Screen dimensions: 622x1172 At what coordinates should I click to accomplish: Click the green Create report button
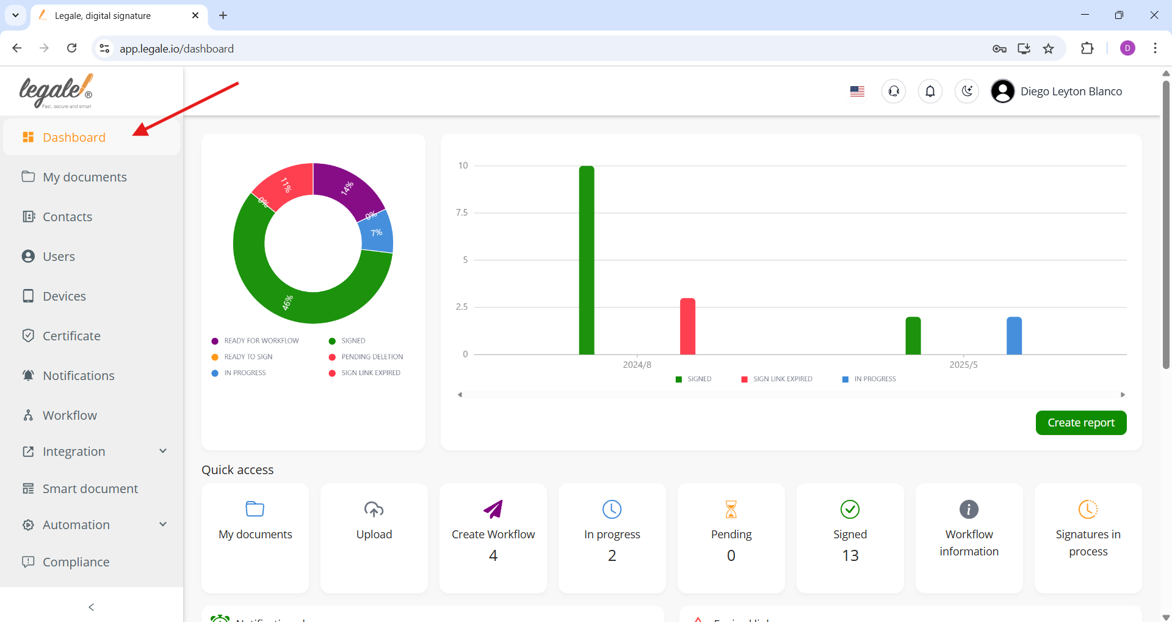coord(1080,423)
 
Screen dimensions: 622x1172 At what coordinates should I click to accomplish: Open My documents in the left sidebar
coord(84,177)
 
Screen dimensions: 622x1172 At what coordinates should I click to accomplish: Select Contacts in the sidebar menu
coord(67,217)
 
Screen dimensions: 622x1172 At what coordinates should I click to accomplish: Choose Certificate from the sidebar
coord(71,336)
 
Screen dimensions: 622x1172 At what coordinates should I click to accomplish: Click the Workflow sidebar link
coord(70,415)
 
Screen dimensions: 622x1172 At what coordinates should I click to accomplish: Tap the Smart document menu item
coord(90,489)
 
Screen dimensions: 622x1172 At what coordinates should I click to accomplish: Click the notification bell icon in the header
coord(930,92)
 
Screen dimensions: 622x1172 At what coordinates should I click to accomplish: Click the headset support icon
coord(894,92)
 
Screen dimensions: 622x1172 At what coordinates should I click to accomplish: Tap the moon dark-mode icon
coord(967,92)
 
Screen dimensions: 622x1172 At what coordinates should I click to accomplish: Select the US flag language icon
coord(857,92)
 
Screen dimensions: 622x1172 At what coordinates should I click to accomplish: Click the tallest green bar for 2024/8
coord(587,260)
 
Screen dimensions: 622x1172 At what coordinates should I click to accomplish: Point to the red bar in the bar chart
coord(687,326)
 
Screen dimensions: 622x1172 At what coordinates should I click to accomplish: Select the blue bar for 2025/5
coord(1014,335)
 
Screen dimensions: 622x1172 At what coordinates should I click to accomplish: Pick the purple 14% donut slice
coord(347,187)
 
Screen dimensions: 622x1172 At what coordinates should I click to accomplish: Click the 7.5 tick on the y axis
coord(461,213)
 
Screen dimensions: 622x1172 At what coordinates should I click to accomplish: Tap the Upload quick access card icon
coord(374,509)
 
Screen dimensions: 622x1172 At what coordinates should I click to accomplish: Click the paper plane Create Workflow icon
coord(493,509)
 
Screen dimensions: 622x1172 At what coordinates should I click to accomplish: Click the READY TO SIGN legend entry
coord(248,357)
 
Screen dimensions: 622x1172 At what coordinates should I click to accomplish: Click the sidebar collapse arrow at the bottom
coord(92,607)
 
